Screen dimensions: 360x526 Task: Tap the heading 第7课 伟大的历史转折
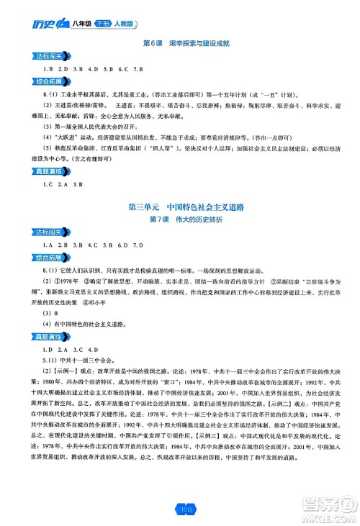click(x=179, y=218)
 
